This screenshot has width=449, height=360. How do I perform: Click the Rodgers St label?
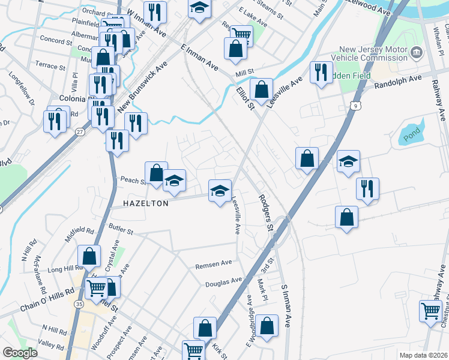coord(266,212)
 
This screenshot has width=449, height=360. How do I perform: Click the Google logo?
coord(20,353)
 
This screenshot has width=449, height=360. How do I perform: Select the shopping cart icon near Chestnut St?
coord(431,311)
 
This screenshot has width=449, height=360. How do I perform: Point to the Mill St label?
coord(245,72)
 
